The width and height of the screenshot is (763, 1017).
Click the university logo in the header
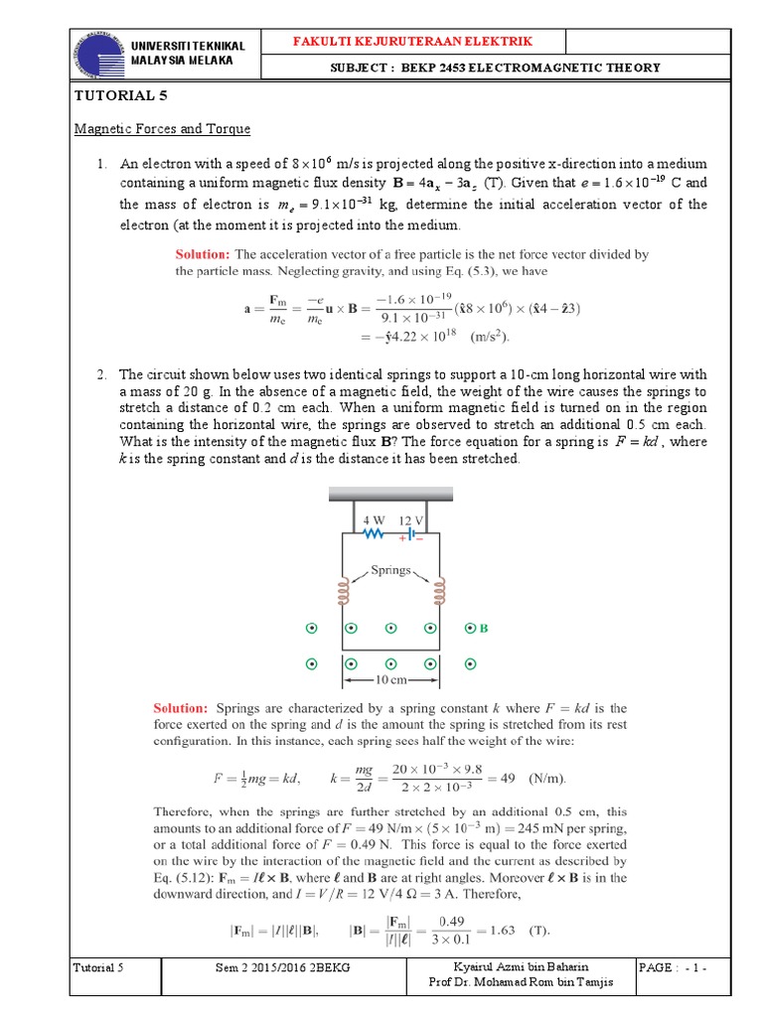coord(96,54)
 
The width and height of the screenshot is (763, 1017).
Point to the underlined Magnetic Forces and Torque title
coord(163,129)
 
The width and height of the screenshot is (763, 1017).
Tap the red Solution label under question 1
coord(202,255)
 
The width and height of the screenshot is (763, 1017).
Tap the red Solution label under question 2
coord(180,708)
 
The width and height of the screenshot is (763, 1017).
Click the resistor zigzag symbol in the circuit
coord(375,533)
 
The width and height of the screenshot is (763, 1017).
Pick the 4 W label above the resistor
coord(373,518)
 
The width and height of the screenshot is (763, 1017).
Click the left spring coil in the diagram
coord(343,592)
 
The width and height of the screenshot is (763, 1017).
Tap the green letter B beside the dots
coord(485,629)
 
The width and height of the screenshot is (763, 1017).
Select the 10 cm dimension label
coord(390,680)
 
